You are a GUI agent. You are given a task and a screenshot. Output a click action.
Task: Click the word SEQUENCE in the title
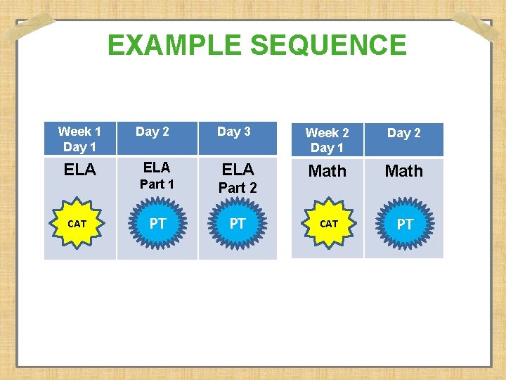328,46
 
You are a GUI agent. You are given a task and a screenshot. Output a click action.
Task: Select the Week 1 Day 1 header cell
79,139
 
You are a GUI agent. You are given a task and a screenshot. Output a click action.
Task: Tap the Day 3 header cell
234,132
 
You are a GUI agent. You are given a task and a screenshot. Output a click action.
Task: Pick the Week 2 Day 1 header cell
327,140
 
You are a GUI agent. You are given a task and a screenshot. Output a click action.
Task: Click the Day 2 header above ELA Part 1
153,132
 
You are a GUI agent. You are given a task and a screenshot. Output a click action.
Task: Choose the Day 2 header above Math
404,133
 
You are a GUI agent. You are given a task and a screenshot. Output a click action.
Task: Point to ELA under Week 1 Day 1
80,170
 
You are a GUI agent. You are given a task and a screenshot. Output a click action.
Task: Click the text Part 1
157,184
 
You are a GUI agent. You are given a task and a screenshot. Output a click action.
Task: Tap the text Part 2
238,188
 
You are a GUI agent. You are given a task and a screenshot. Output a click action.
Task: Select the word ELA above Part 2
238,170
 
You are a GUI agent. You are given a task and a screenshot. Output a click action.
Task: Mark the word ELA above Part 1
157,167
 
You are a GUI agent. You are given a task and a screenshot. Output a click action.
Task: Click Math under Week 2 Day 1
327,171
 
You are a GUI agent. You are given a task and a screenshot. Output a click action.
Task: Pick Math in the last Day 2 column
404,171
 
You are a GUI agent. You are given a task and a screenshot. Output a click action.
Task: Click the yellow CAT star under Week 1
77,224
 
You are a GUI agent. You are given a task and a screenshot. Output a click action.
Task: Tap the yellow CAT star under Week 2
329,224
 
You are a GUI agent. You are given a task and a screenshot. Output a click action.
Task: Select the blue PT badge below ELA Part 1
158,224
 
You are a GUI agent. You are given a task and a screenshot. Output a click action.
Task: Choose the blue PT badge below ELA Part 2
238,224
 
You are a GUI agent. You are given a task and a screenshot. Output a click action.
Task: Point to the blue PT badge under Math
405,224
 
